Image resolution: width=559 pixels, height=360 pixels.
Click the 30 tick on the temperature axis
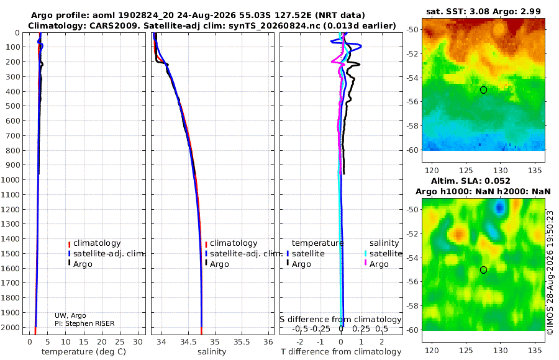138,342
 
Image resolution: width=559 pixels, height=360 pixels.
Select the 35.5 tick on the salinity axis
242,342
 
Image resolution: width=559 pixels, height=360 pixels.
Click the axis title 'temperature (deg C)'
84,352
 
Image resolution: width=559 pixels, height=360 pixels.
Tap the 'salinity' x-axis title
212,352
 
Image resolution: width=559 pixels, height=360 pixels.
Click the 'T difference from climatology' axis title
341,352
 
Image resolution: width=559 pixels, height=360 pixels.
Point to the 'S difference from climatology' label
340,320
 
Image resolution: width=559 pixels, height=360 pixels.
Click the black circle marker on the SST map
483,90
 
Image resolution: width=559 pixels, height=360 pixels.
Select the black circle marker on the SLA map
483,270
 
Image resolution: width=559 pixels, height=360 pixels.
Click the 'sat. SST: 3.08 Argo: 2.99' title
483,12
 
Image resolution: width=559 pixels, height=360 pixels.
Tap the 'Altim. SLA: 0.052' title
471,181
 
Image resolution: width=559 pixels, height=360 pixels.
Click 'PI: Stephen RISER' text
84,323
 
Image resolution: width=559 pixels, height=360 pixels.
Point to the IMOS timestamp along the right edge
550,272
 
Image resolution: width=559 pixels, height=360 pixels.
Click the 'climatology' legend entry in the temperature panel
94,243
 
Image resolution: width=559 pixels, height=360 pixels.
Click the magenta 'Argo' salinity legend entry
375,264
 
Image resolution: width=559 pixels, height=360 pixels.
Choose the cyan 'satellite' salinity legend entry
383,254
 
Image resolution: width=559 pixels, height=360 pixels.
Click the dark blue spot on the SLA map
499,207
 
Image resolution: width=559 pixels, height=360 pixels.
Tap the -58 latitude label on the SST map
412,126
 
